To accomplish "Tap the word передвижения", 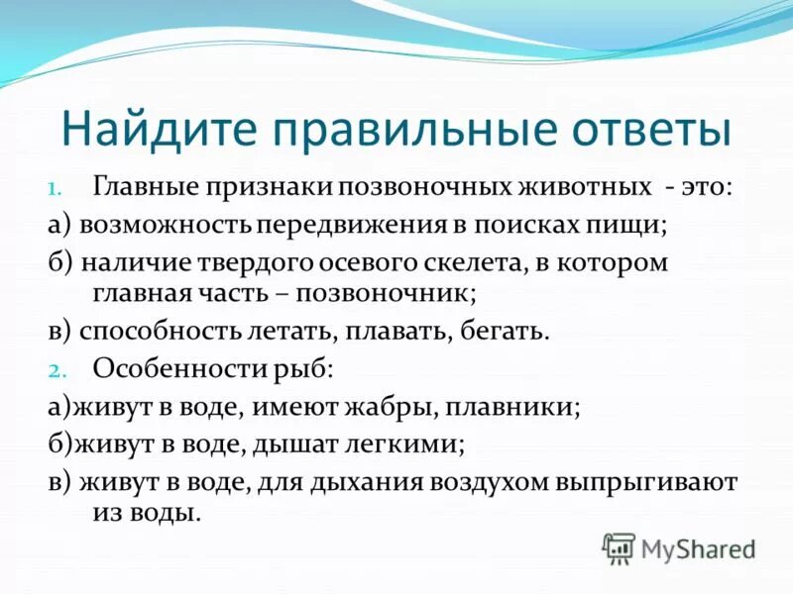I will click(x=349, y=224).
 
